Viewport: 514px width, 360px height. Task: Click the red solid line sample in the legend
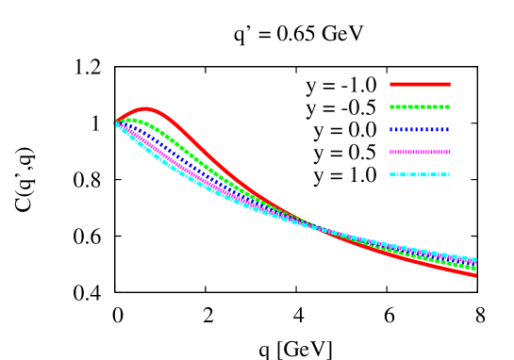coord(420,84)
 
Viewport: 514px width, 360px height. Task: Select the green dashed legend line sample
coord(420,106)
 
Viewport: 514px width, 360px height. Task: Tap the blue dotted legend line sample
coord(420,129)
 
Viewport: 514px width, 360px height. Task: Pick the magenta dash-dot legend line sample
coord(420,152)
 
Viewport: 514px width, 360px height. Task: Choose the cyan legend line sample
coord(420,174)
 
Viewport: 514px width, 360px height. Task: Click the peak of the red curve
coord(145,109)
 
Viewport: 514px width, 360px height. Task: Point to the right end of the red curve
coord(474,275)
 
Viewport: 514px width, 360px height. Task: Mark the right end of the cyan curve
coord(474,259)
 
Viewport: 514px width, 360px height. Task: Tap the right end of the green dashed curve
coord(474,269)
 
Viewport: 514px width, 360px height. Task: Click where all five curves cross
coord(316,228)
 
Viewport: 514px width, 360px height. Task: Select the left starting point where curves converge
coord(115,122)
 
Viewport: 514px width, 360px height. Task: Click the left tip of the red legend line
coord(390,84)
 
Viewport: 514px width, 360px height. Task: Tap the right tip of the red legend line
coord(450,84)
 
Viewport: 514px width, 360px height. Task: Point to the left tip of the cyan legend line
coord(390,174)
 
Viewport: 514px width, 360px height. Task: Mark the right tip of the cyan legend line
coord(450,174)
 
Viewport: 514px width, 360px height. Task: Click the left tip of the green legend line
coord(390,106)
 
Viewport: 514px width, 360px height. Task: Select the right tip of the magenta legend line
coord(450,152)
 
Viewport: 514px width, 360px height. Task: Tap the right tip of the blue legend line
coord(450,129)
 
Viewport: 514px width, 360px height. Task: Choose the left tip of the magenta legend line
coord(390,152)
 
